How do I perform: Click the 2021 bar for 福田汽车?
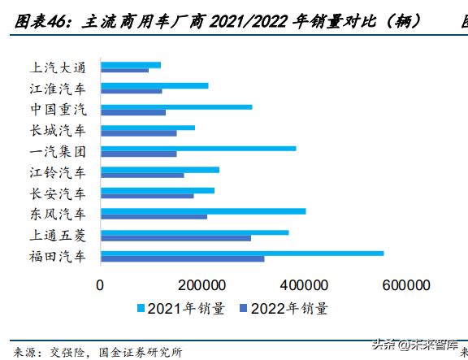[241, 254]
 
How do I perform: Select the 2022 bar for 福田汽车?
[182, 259]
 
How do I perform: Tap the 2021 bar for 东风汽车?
[202, 211]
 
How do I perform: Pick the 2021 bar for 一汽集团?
[197, 148]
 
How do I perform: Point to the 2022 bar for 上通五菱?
[175, 238]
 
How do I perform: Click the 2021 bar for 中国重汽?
[175, 106]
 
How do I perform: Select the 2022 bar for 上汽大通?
[124, 70]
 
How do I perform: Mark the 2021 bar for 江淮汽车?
[154, 85]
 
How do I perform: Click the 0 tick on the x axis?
[100, 285]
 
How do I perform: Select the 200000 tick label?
[201, 285]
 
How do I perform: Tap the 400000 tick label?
[304, 285]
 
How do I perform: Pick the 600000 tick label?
[405, 285]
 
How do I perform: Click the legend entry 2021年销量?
[180, 308]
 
